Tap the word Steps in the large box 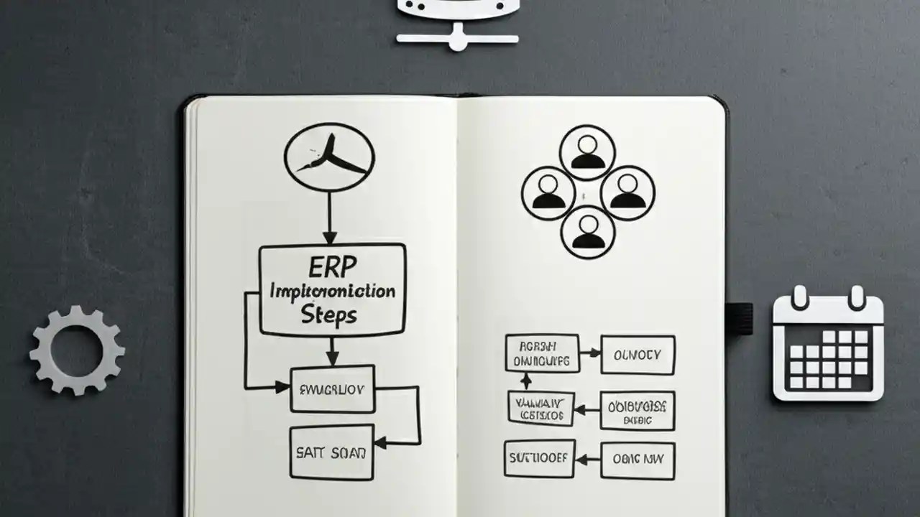pyautogui.click(x=329, y=314)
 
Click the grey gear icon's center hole pyautogui.click(x=77, y=350)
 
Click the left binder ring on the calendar pyautogui.click(x=800, y=297)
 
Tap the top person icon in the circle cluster pyautogui.click(x=588, y=152)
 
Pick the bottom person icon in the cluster pyautogui.click(x=588, y=232)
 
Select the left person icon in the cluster pyautogui.click(x=548, y=192)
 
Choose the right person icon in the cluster pyautogui.click(x=627, y=192)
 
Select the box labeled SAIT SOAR pyautogui.click(x=331, y=452)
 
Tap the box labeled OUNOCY pyautogui.click(x=638, y=354)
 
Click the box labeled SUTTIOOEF pyautogui.click(x=539, y=458)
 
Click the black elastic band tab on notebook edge pyautogui.click(x=740, y=318)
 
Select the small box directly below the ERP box pyautogui.click(x=332, y=389)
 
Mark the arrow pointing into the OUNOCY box pyautogui.click(x=590, y=353)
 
